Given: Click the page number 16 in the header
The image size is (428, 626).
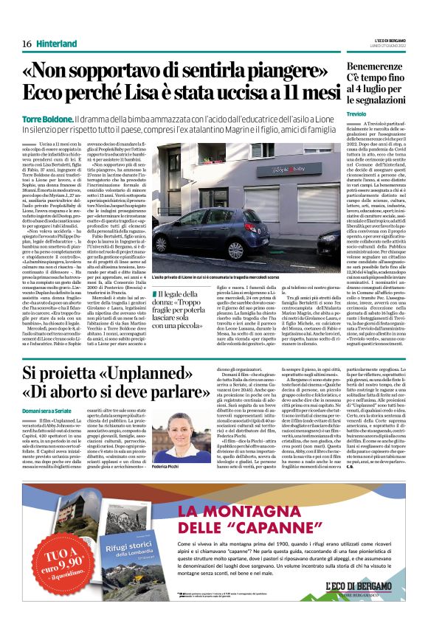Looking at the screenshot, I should (x=26, y=44).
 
